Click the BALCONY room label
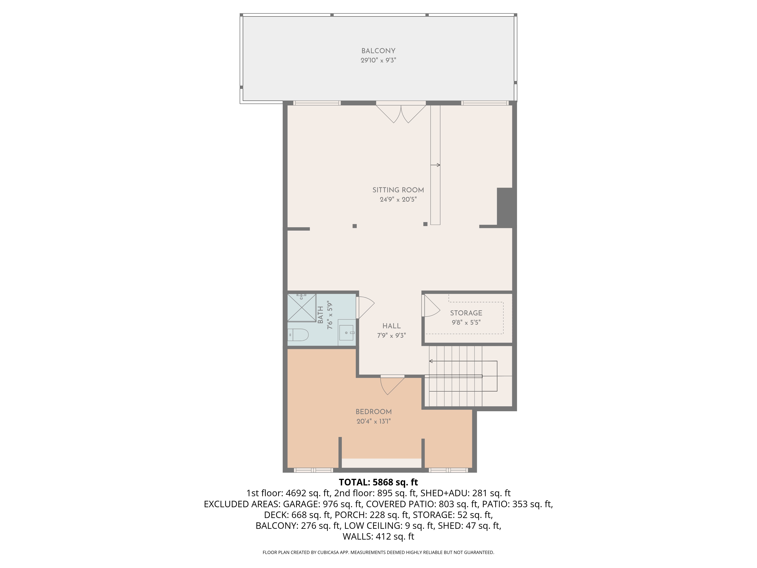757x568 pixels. pos(378,51)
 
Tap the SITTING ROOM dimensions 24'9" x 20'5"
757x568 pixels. pos(398,199)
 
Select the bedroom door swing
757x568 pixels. pos(392,385)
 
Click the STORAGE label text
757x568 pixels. pos(466,313)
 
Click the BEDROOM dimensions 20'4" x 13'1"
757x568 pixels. pos(373,421)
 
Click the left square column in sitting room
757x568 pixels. pos(354,226)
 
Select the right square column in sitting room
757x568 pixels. pos(425,224)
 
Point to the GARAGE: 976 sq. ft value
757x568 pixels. pos(322,504)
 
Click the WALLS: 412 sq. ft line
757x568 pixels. pos(378,537)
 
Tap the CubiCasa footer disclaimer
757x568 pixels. pos(378,552)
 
